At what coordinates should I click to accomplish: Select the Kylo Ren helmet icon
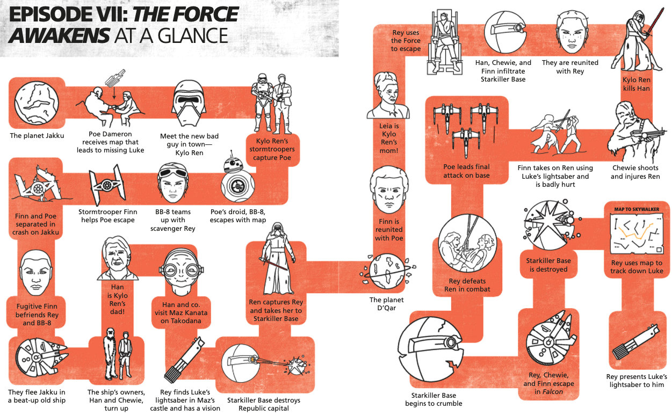coord(189,104)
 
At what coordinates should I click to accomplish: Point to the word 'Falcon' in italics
coord(552,392)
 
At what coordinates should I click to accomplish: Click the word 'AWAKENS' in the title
coord(57,35)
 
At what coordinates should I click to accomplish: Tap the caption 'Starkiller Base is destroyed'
coord(548,265)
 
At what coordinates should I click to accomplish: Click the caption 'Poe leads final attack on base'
coord(467,171)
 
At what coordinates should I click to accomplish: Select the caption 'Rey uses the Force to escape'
coord(405,41)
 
